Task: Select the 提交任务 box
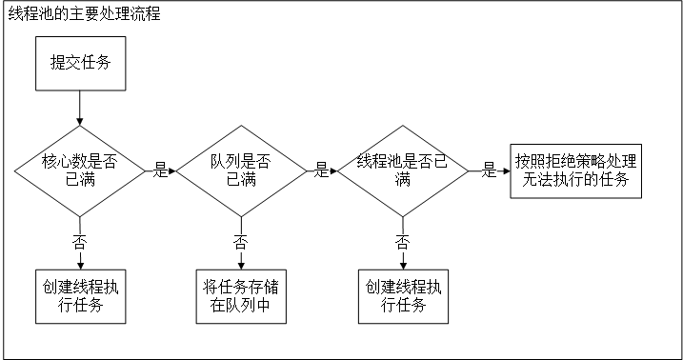(80, 65)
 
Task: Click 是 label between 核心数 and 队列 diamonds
(159, 171)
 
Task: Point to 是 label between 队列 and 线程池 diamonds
(321, 171)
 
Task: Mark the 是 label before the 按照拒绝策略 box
(490, 171)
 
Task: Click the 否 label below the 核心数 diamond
(80, 241)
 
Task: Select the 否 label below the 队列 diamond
(241, 241)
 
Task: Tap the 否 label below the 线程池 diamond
(402, 241)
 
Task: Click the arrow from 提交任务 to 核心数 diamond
(80, 108)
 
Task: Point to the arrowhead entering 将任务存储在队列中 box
(241, 266)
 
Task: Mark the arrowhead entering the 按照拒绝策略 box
(505, 171)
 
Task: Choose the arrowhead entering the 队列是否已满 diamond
(173, 171)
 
